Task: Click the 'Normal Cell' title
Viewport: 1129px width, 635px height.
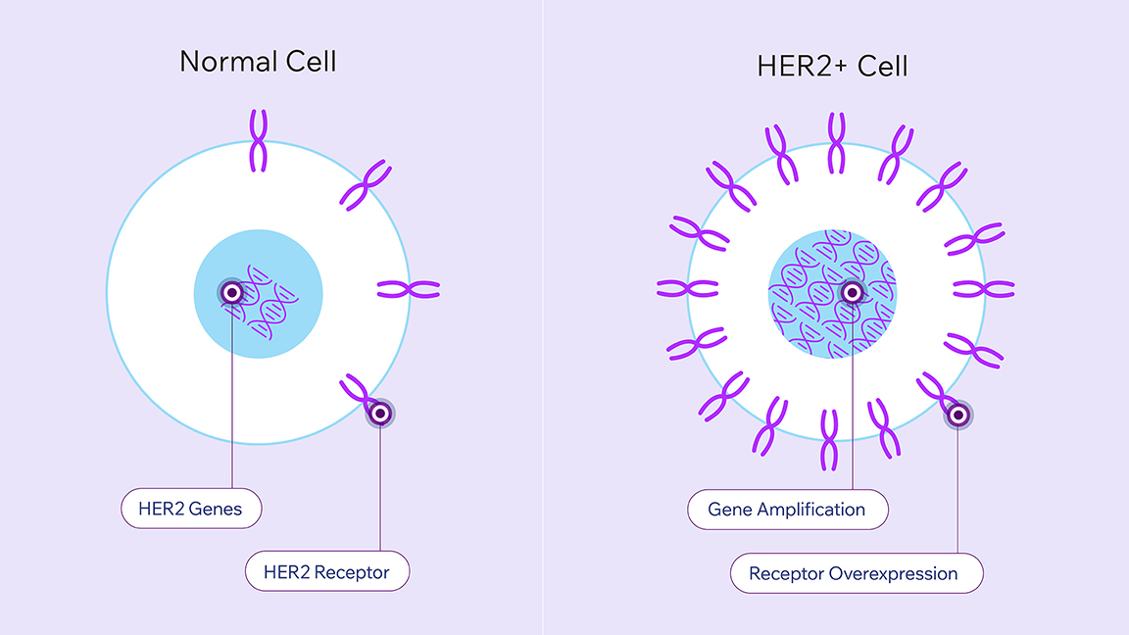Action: [x=258, y=62]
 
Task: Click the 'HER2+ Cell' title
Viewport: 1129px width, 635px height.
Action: [x=832, y=66]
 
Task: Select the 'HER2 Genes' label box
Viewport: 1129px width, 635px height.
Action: [x=191, y=509]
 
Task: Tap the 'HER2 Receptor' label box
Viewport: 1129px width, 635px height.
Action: [x=326, y=571]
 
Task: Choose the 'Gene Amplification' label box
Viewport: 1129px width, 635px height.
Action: [x=786, y=510]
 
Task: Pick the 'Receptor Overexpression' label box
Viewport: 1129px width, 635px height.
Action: [x=856, y=573]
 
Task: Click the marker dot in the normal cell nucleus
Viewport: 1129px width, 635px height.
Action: [x=232, y=291]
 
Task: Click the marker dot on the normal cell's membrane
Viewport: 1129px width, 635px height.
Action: [x=379, y=414]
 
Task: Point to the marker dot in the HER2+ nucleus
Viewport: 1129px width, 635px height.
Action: [x=853, y=291]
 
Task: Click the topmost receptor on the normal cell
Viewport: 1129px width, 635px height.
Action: [x=258, y=140]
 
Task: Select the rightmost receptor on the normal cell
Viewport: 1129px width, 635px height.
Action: [x=409, y=289]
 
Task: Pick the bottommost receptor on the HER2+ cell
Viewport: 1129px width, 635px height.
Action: [x=829, y=440]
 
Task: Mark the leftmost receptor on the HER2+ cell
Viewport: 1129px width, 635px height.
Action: [x=688, y=288]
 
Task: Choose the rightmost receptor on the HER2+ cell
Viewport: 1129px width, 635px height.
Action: [x=984, y=289]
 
